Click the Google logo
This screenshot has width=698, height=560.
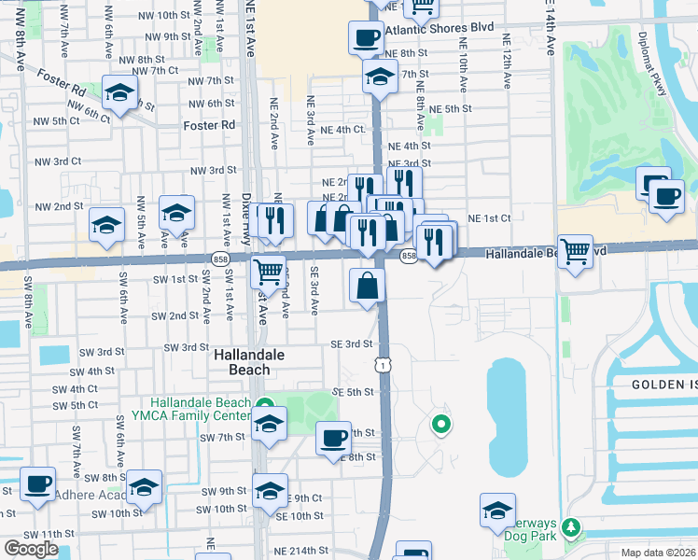coord(31,549)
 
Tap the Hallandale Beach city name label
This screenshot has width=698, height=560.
coord(242,362)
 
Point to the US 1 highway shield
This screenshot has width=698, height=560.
coord(384,365)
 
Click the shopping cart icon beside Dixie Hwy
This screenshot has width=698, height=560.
coord(268,272)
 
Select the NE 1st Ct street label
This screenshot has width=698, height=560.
coord(489,218)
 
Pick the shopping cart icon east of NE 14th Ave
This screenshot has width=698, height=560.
coord(575,250)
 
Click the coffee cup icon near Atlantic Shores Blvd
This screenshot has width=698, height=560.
coord(366,39)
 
